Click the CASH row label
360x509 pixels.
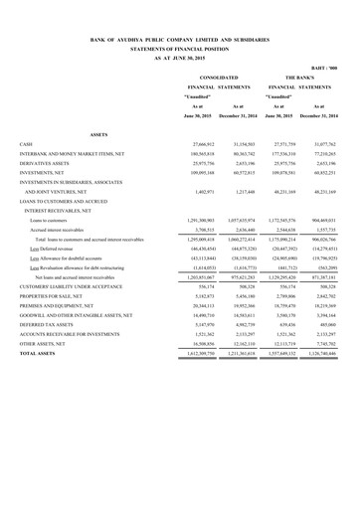click(26, 145)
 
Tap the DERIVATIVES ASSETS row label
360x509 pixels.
click(46, 164)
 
